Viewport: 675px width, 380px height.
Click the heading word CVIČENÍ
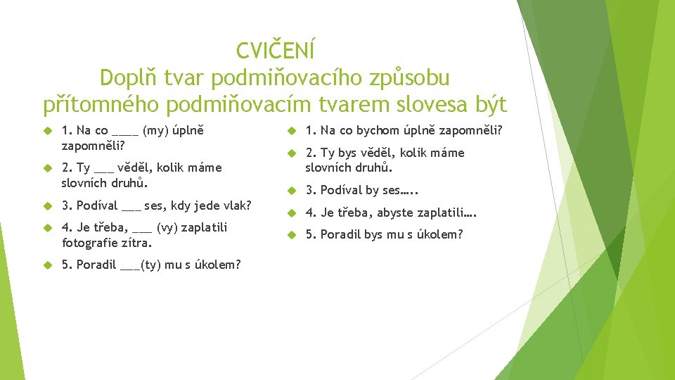276,51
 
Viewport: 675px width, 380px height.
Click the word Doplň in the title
129,77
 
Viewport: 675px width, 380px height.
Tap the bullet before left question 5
48,265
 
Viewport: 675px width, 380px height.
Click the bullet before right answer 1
292,131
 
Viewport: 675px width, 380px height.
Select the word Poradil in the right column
340,234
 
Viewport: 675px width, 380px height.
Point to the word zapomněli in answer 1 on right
464,130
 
